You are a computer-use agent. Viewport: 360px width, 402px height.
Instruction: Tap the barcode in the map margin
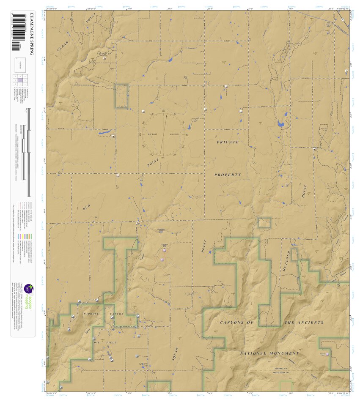pyautogui.click(x=16, y=32)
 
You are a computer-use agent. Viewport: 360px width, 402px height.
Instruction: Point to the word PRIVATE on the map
pyautogui.click(x=228, y=142)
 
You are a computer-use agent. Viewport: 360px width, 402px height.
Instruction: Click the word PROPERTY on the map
pyautogui.click(x=228, y=175)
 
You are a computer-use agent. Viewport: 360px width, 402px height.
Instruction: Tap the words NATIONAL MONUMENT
pyautogui.click(x=269, y=353)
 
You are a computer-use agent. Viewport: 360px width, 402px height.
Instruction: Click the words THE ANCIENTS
pyautogui.click(x=304, y=323)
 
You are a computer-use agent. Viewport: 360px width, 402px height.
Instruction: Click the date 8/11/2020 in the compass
pyautogui.click(x=175, y=134)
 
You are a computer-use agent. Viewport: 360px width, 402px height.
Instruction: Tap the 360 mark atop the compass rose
pyautogui.click(x=163, y=111)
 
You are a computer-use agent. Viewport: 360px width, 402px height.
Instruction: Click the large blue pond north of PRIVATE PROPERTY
pyautogui.click(x=280, y=124)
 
